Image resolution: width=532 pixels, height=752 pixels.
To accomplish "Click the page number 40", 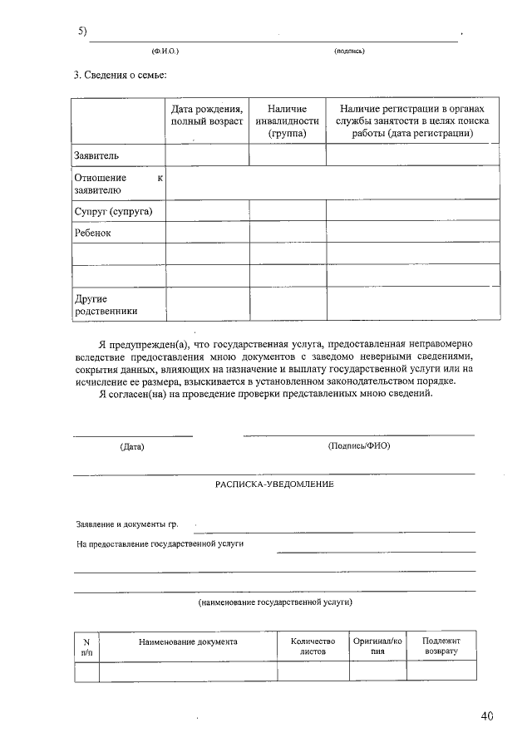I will point(486,715).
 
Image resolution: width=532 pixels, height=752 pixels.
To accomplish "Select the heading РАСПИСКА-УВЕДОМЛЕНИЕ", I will point(275,484).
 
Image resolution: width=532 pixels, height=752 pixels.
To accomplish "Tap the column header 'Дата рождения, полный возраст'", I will point(207,116).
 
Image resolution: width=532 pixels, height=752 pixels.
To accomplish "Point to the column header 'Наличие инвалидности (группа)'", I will point(288,121).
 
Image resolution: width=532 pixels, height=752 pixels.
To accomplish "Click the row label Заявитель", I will point(97,155).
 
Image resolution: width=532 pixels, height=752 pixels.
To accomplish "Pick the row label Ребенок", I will point(92,233).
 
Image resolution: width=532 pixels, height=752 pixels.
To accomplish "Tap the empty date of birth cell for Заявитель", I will point(207,155).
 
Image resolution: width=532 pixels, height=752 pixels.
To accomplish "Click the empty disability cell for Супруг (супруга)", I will point(288,211).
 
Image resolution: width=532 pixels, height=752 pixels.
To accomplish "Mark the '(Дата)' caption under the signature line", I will point(132,446).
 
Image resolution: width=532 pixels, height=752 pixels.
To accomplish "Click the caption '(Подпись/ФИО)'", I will point(359,445).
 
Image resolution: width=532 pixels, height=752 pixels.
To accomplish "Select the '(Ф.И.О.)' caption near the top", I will point(165,52).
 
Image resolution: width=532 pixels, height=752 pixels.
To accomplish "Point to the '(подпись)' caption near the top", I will point(349,52).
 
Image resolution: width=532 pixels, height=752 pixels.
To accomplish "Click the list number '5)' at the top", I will point(83,32).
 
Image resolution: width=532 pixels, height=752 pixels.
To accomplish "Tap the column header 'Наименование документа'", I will point(188,641).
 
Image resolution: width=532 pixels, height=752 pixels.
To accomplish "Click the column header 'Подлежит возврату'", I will point(441,646).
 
